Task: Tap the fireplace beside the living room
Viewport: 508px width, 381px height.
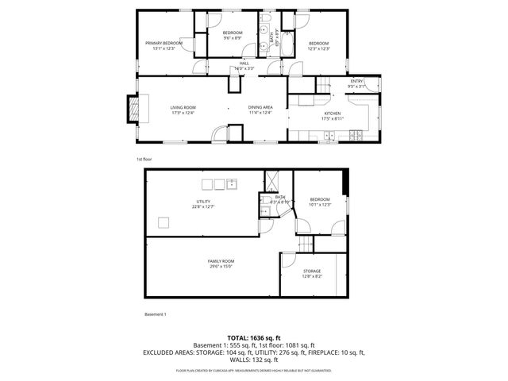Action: pyautogui.click(x=133, y=109)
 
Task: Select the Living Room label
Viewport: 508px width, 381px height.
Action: pyautogui.click(x=183, y=107)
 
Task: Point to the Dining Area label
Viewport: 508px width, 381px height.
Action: pyautogui.click(x=260, y=107)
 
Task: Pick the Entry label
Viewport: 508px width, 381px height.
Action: pyautogui.click(x=357, y=81)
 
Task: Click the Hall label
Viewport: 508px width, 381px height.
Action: pyautogui.click(x=244, y=63)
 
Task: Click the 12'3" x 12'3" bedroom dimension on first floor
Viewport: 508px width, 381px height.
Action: pyautogui.click(x=318, y=48)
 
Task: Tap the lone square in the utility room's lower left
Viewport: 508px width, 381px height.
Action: pyautogui.click(x=164, y=221)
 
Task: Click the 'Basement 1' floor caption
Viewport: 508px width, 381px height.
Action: pyautogui.click(x=156, y=315)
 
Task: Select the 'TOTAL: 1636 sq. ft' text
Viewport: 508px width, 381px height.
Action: pyautogui.click(x=254, y=337)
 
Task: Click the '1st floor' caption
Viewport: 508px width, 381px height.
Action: pyautogui.click(x=144, y=159)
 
